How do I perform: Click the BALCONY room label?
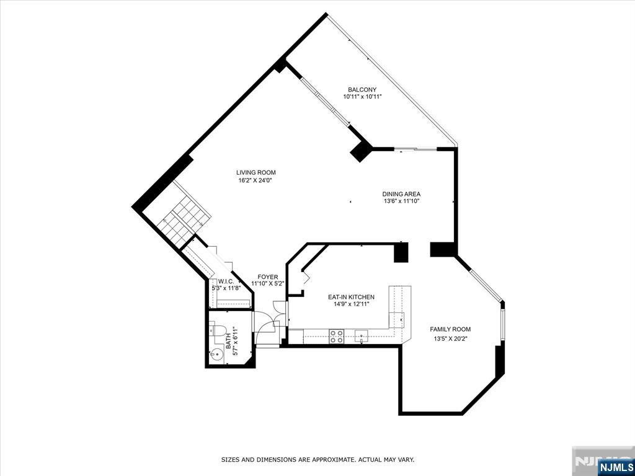click(x=362, y=89)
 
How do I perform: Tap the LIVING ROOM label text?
click(x=255, y=172)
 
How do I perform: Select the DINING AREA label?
click(x=401, y=194)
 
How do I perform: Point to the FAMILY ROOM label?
click(x=451, y=329)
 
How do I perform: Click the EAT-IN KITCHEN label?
click(x=351, y=297)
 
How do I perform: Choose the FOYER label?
click(x=268, y=277)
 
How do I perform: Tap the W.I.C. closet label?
click(x=225, y=281)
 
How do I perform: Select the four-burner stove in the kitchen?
click(x=337, y=336)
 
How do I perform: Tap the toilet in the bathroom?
click(x=218, y=329)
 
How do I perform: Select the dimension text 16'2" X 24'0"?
click(x=255, y=180)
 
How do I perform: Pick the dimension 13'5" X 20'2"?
click(x=451, y=339)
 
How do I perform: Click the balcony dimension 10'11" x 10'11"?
click(x=362, y=97)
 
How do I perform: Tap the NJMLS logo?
click(x=615, y=466)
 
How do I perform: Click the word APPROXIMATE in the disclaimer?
click(x=329, y=460)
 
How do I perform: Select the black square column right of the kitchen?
click(x=402, y=252)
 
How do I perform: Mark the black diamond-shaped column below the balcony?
click(x=361, y=151)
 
